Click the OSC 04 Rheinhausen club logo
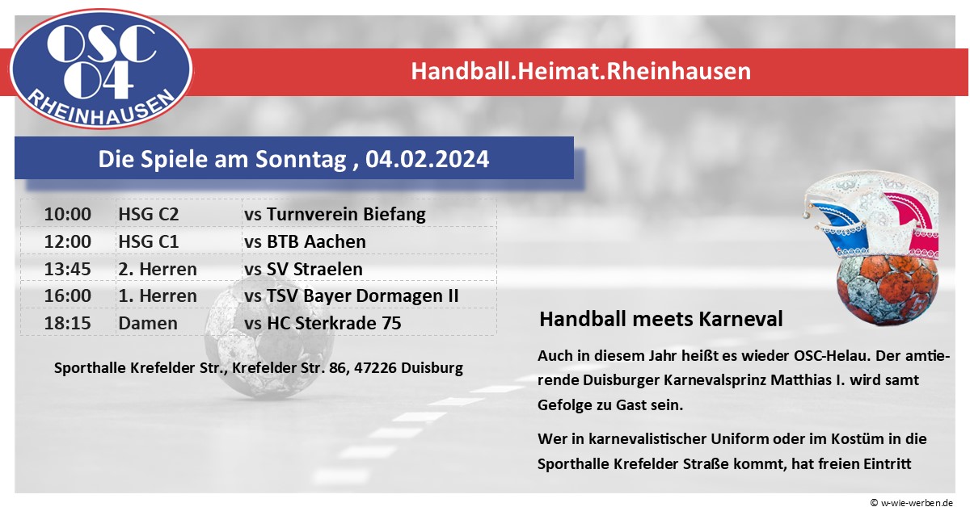[101, 69]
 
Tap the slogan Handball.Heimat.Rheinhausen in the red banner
[580, 71]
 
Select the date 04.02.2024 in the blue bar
[427, 159]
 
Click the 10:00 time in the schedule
[68, 214]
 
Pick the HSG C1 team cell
[149, 241]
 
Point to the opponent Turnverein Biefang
[346, 215]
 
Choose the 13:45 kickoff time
[68, 269]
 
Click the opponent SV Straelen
[314, 269]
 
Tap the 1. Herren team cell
[158, 296]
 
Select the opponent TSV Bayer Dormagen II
[362, 296]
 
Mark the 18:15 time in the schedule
[68, 323]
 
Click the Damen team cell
[148, 323]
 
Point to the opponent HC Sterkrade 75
[334, 323]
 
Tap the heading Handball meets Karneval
[661, 319]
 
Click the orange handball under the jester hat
[888, 289]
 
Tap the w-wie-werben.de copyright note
[912, 502]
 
